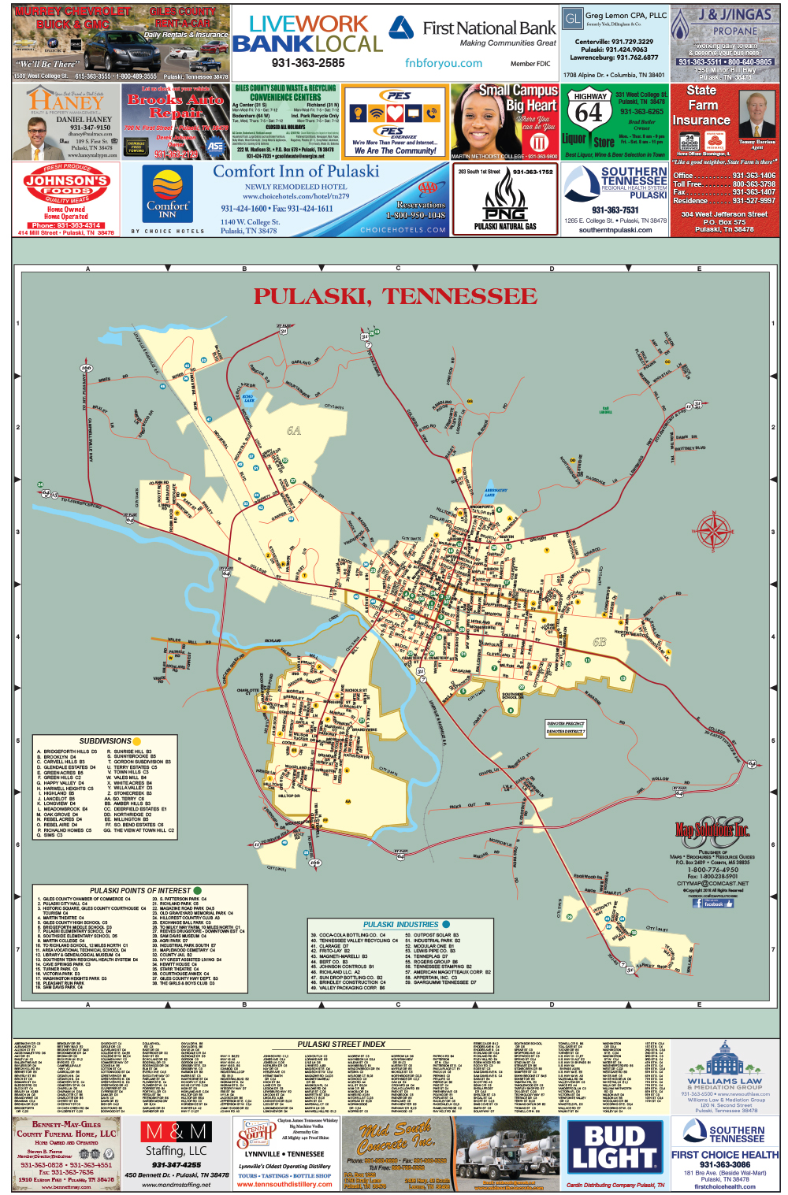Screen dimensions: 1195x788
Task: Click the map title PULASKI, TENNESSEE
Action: pos(395,297)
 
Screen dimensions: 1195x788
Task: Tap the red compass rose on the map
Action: pos(715,530)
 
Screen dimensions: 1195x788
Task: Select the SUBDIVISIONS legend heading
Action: pos(106,741)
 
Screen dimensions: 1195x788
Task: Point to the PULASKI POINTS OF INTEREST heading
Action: pos(140,890)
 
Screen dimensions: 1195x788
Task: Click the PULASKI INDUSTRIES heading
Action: pos(401,925)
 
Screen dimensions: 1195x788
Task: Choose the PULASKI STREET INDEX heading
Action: pos(341,1045)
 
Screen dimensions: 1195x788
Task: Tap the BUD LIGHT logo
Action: pos(615,1148)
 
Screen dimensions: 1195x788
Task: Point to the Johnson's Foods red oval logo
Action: pos(66,185)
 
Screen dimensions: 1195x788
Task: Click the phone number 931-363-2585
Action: pos(308,63)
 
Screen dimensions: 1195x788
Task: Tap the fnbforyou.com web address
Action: pos(444,63)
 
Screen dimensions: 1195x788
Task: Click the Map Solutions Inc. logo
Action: pos(712,829)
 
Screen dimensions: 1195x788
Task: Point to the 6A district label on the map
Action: pos(294,431)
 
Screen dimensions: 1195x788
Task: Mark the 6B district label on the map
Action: pos(599,642)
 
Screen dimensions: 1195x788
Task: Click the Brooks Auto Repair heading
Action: pos(175,106)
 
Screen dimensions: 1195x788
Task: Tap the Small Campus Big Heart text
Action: pos(518,98)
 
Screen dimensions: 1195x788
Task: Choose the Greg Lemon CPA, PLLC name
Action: pos(626,15)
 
